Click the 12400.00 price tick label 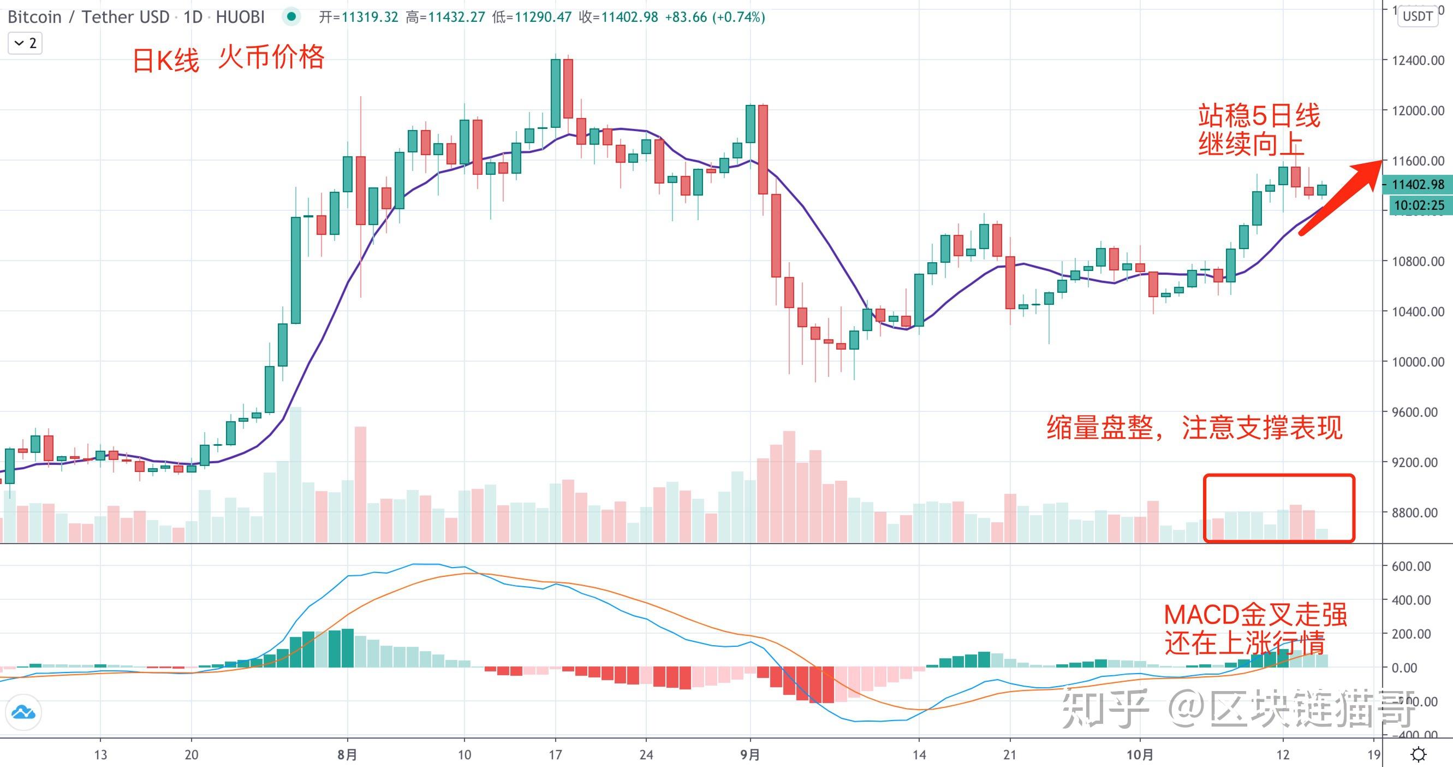coord(1418,61)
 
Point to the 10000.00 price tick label coord(1418,362)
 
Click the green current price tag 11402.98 coord(1418,185)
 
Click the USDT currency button coord(1418,16)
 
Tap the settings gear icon coord(1418,754)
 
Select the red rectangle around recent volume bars coord(1279,508)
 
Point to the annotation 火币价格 coord(271,57)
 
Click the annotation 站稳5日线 coord(1259,116)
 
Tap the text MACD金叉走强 coord(1255,615)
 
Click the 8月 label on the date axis coord(348,754)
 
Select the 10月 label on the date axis coord(1140,754)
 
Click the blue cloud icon coord(23,712)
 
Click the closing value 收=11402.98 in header coord(618,17)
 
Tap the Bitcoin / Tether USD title coord(88,17)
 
